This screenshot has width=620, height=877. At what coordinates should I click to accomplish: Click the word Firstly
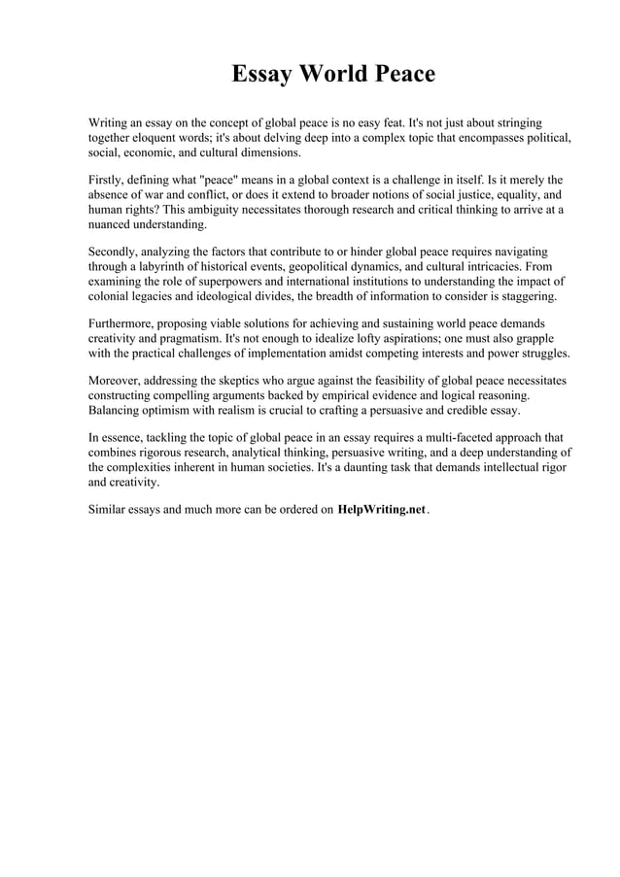(x=108, y=181)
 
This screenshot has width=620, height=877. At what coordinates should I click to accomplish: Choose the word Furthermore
(x=125, y=323)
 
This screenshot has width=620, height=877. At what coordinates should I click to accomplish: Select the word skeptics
(x=243, y=381)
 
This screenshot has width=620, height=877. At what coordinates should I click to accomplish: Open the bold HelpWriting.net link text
(x=381, y=510)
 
